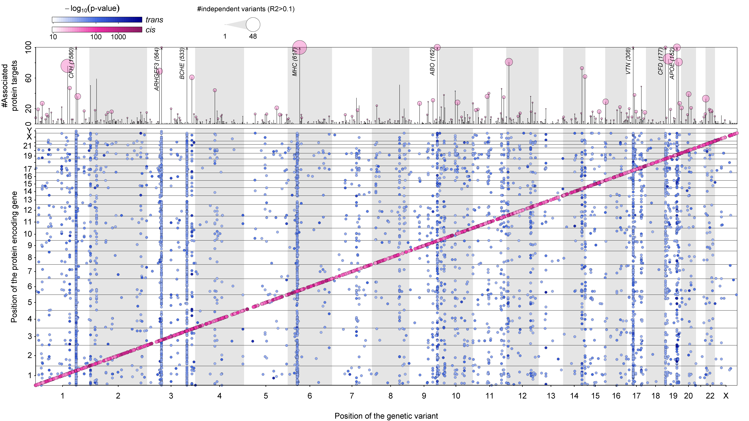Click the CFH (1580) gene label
71,63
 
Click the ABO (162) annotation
432,62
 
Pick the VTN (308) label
628,61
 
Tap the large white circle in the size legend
253,25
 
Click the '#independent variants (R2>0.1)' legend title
246,9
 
